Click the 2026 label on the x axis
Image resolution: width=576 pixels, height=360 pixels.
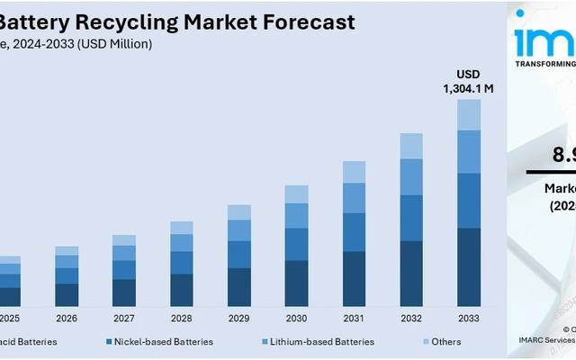tap(67, 319)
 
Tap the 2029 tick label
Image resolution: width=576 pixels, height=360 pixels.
tap(239, 319)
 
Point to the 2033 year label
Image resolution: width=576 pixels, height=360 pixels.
tap(468, 319)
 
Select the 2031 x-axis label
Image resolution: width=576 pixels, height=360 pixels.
tap(354, 319)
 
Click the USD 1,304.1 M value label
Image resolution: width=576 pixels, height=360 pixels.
tap(468, 82)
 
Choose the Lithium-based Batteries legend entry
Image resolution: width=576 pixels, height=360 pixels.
tap(319, 342)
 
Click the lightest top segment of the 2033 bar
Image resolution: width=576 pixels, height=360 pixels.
tap(468, 114)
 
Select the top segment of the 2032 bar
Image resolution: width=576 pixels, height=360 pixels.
tap(410, 146)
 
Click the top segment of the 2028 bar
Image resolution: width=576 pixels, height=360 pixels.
tap(182, 228)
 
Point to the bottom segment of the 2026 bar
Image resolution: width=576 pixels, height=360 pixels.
tap(67, 295)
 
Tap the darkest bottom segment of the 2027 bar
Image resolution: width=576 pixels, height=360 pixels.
tap(124, 292)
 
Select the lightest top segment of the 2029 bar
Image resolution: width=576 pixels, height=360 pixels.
tap(239, 211)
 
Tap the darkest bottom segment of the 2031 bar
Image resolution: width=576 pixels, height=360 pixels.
tap(354, 280)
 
